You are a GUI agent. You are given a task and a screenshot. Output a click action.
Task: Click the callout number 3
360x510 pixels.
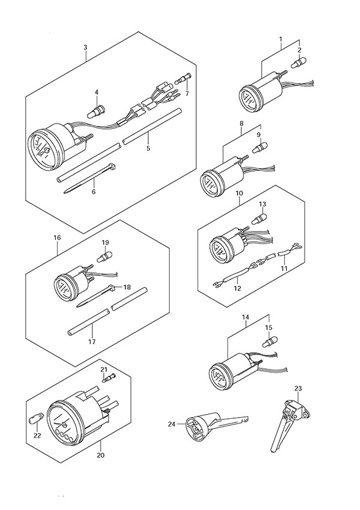tap(85, 47)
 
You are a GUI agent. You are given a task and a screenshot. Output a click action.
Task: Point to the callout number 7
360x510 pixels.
tap(187, 94)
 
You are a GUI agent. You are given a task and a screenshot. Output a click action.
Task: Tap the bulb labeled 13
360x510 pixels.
tap(261, 218)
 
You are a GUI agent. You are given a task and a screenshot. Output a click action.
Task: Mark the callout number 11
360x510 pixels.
tap(285, 268)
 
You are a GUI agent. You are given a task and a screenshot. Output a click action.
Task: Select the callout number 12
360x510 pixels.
tap(237, 289)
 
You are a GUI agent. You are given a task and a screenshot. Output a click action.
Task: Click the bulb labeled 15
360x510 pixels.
tap(268, 342)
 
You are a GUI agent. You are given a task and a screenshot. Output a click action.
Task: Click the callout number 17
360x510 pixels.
tap(92, 343)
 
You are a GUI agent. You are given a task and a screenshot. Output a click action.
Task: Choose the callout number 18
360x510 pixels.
tap(127, 287)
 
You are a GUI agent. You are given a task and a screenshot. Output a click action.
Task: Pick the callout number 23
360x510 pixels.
tap(298, 388)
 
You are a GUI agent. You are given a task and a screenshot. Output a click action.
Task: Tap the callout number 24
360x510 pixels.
tap(172, 424)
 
